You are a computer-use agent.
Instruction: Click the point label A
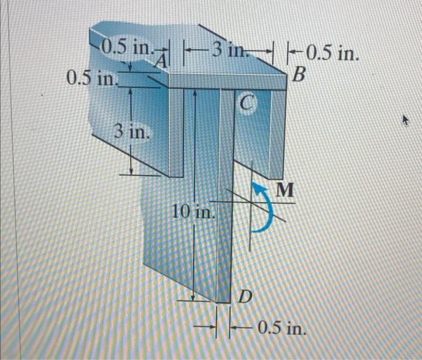click(x=160, y=60)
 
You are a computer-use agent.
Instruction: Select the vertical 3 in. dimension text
click(x=128, y=131)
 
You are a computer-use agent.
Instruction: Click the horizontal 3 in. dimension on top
click(x=228, y=49)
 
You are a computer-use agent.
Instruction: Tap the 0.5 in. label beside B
click(x=332, y=54)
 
